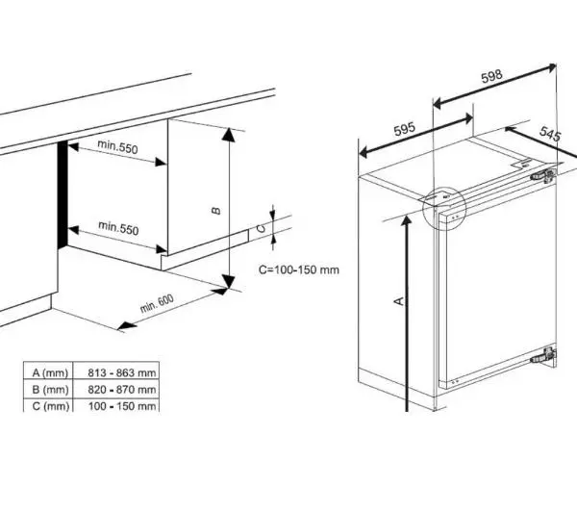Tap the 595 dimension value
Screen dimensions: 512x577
[x=404, y=128]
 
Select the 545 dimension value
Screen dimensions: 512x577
[x=550, y=136]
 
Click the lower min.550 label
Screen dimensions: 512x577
[x=118, y=229]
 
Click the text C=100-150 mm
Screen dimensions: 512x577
[x=299, y=269]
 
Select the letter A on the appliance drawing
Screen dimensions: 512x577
[x=397, y=301]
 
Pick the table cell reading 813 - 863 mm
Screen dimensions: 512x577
[x=121, y=371]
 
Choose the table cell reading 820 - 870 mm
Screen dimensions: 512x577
[x=121, y=389]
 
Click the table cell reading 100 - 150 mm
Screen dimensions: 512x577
[x=121, y=406]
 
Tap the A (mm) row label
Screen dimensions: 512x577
[x=50, y=371]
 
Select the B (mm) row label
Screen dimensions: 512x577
[x=50, y=389]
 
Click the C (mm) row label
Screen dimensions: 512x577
[x=50, y=406]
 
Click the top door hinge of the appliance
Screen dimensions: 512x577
[x=544, y=177]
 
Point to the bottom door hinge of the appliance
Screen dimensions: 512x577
[x=544, y=354]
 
